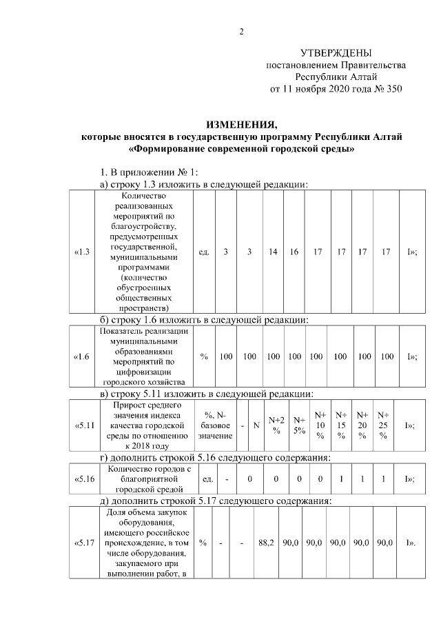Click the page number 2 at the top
click(x=241, y=31)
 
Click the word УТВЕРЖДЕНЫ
click(x=336, y=53)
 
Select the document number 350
click(x=393, y=89)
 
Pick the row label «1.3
click(x=82, y=252)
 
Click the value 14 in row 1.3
click(x=274, y=252)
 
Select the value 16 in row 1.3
click(x=294, y=252)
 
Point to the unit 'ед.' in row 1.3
click(x=203, y=252)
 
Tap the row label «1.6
click(x=82, y=356)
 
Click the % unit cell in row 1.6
click(x=204, y=356)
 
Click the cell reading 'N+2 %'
click(x=277, y=425)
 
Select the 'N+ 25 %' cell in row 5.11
click(x=383, y=425)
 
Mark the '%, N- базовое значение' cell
click(x=215, y=425)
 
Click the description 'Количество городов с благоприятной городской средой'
click(x=144, y=478)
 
